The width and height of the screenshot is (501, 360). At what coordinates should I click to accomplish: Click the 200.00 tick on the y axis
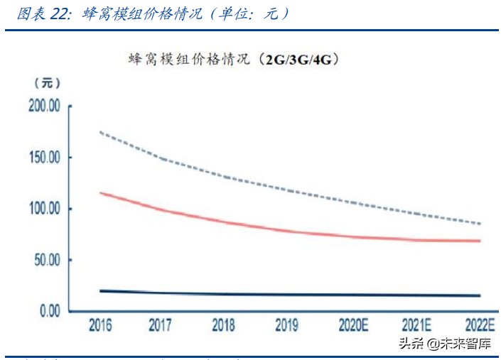[x=44, y=106]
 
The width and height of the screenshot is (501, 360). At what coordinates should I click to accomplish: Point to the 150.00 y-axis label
[x=44, y=157]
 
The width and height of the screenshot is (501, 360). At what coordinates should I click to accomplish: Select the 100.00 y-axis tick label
[x=44, y=209]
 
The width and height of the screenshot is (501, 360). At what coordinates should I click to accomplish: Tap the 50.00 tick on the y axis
[x=47, y=260]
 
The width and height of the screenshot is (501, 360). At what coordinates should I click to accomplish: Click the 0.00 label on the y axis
[x=50, y=311]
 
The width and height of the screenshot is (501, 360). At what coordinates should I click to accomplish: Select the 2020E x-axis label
[x=352, y=326]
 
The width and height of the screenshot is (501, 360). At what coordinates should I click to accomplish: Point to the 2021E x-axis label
[x=415, y=326]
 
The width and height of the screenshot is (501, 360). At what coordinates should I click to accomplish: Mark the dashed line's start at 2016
[x=100, y=131]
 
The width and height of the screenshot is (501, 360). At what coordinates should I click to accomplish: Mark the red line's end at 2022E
[x=480, y=241]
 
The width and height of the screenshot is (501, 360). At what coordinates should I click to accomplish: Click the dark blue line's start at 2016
[x=100, y=290]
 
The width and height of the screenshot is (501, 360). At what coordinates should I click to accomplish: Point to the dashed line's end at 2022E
[x=480, y=224]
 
